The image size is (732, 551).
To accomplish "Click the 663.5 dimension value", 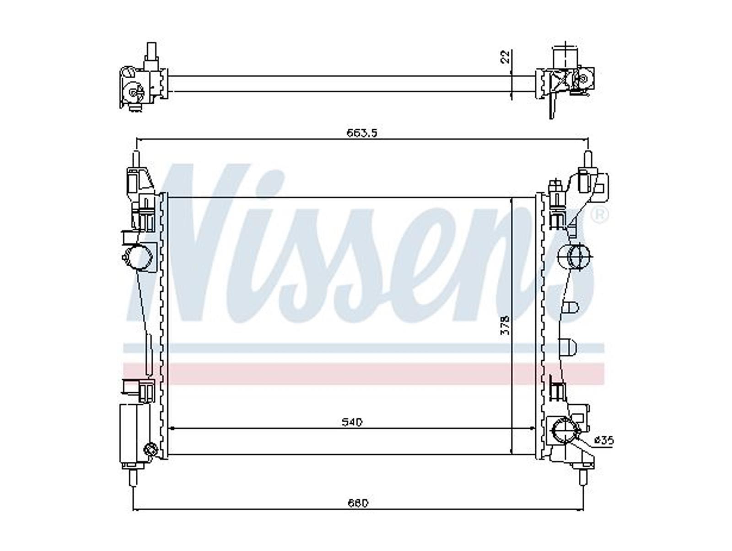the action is (x=362, y=133).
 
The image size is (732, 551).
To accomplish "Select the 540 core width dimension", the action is (x=352, y=423).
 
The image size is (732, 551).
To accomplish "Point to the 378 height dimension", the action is (x=506, y=325).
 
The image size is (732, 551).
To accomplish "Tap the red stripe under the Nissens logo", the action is (x=364, y=373).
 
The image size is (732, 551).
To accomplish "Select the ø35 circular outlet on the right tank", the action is (x=564, y=432).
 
